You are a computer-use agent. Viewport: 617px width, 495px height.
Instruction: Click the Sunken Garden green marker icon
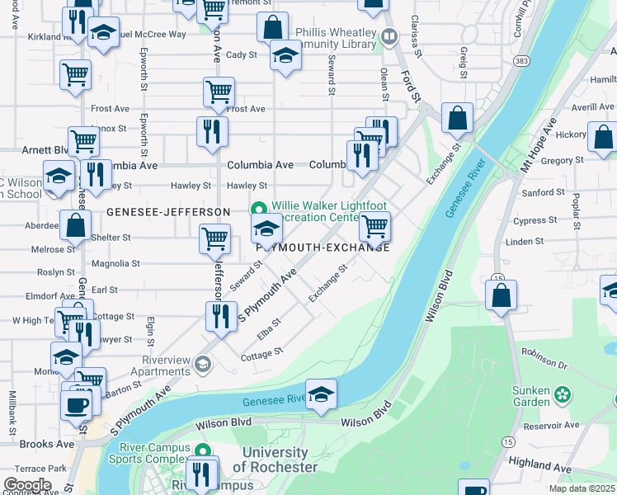(563, 394)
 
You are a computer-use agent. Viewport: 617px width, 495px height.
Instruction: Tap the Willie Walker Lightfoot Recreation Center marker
(258, 208)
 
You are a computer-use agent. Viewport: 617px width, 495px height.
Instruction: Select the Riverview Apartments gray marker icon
(203, 364)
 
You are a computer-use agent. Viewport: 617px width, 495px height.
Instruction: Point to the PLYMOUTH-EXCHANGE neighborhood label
(323, 247)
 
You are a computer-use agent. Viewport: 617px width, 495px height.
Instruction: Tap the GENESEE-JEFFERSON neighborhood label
(167, 212)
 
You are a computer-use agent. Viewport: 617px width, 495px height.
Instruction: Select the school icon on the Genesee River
(322, 394)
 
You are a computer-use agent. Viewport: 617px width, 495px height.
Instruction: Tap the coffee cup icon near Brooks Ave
(78, 404)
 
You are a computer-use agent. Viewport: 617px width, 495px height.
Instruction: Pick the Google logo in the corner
(27, 484)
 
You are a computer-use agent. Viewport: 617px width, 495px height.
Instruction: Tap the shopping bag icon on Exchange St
(457, 118)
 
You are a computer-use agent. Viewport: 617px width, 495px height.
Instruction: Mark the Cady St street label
(241, 55)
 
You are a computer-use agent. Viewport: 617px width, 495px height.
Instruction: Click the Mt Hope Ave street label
(539, 143)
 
